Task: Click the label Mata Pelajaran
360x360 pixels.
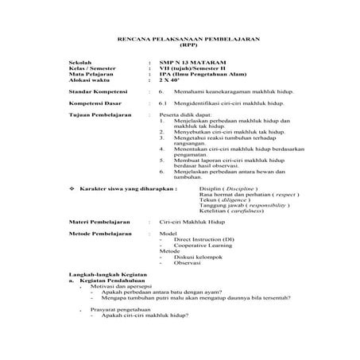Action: [89, 74]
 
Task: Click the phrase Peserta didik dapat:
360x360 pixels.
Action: [181, 115]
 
